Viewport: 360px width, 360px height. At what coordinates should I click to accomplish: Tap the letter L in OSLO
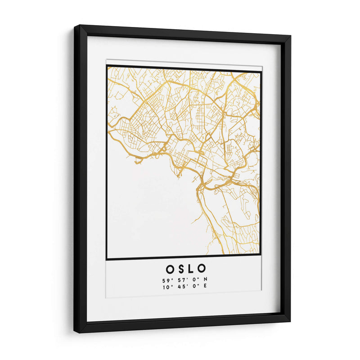click(x=192, y=269)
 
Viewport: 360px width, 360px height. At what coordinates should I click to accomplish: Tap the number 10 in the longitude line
click(x=166, y=287)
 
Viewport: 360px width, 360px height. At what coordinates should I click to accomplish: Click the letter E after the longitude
click(x=205, y=287)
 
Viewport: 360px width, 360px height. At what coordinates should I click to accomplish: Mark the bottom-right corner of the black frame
click(x=289, y=321)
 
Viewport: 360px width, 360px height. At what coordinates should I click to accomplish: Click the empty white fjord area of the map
click(x=148, y=211)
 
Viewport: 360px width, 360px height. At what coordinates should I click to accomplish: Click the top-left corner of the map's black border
click(x=107, y=66)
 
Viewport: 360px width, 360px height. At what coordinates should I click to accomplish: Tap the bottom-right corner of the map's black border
click(x=261, y=256)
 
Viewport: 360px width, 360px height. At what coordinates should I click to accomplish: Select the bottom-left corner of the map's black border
click(x=107, y=259)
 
